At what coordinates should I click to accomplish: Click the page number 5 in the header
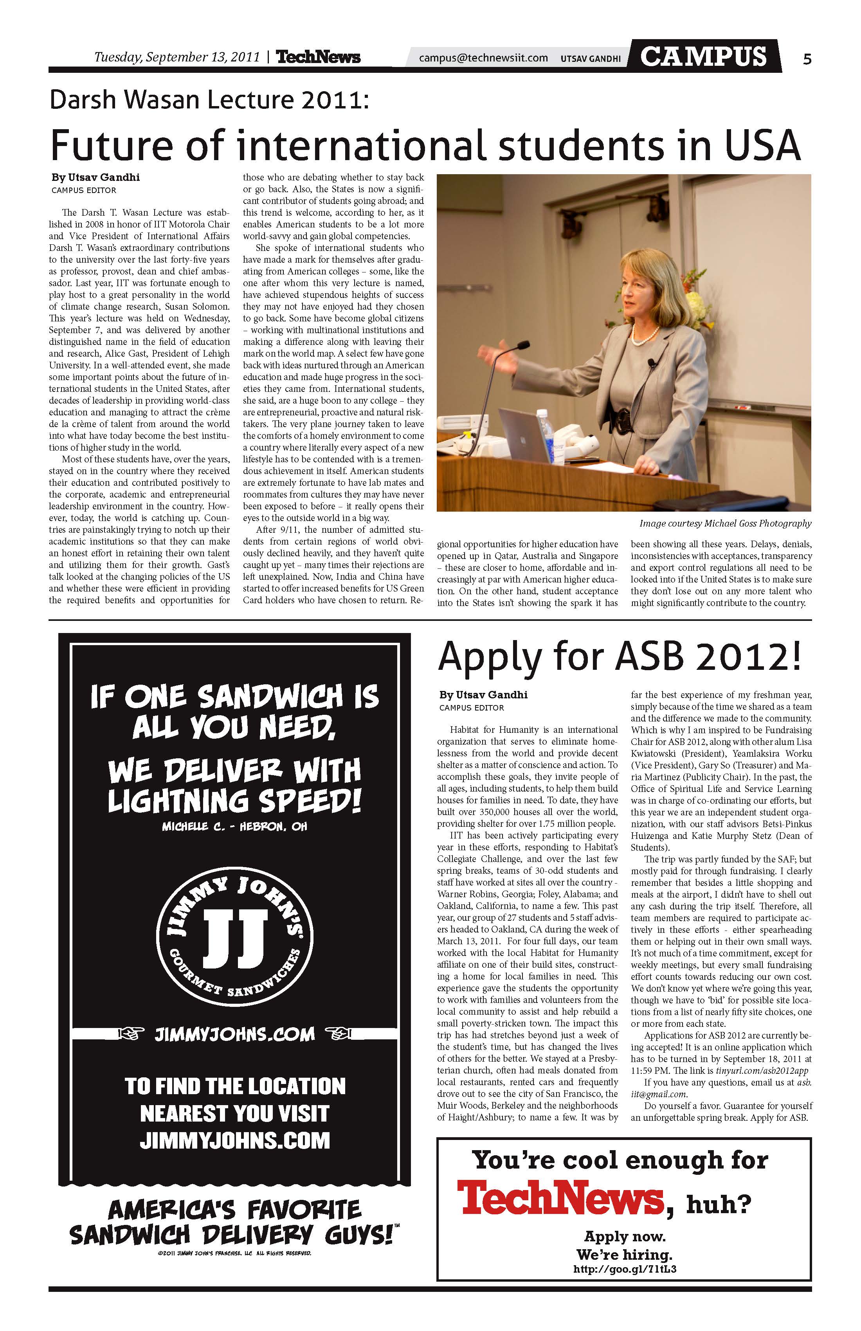pyautogui.click(x=807, y=59)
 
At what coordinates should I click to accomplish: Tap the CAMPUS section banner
pyautogui.click(x=703, y=56)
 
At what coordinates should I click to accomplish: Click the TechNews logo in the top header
pyautogui.click(x=318, y=57)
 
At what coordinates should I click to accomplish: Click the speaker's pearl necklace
pyautogui.click(x=645, y=335)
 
